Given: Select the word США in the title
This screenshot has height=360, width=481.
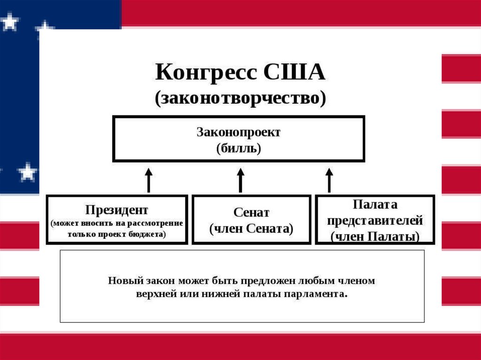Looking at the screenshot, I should tap(295, 73).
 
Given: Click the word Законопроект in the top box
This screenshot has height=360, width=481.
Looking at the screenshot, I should tap(238, 132).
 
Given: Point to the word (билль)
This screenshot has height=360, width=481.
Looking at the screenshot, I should tap(238, 149).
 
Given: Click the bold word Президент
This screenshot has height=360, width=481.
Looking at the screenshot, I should tap(117, 209).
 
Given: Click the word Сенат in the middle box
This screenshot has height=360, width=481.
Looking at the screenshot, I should tap(251, 213).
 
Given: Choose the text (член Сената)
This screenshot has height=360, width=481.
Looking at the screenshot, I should tap(251, 229).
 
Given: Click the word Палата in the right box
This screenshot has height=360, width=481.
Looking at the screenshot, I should tap(375, 205).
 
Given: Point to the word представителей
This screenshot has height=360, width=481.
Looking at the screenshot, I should tap(375, 221).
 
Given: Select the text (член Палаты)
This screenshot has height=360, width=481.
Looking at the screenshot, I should tap(375, 237).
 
